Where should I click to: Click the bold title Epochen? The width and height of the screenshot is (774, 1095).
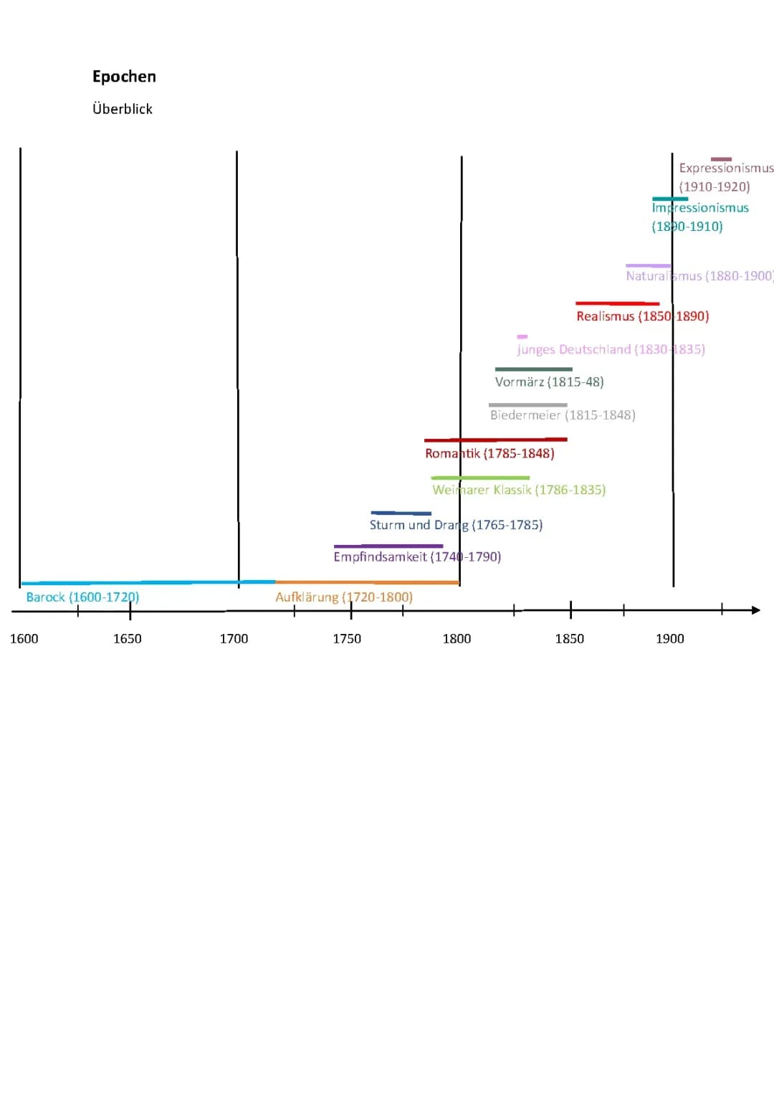click(x=124, y=77)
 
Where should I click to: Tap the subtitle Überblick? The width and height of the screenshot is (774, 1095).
click(x=123, y=109)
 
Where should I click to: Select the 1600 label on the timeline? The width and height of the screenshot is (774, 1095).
click(x=24, y=638)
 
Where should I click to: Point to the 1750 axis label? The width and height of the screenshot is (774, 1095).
click(x=347, y=638)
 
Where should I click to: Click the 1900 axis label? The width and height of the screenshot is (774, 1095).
click(x=670, y=638)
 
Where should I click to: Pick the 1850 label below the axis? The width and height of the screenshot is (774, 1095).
click(x=570, y=638)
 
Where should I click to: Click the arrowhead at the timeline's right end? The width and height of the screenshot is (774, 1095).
click(x=755, y=610)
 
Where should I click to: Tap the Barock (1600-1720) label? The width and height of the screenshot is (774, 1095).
click(x=82, y=597)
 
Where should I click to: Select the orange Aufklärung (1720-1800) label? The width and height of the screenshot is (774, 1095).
click(x=344, y=597)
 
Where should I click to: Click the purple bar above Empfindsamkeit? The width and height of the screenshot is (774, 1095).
click(x=388, y=546)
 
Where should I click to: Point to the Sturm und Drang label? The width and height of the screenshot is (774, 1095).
click(x=456, y=525)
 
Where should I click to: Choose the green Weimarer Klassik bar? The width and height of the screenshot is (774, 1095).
click(x=480, y=478)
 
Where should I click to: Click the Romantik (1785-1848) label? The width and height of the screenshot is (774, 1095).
click(x=489, y=453)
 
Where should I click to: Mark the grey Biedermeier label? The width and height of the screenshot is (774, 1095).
click(x=563, y=414)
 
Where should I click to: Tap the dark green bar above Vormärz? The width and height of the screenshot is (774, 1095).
click(x=533, y=369)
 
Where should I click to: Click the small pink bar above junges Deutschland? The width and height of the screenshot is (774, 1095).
click(x=522, y=336)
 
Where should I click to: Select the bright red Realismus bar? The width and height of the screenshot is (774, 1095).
click(x=617, y=303)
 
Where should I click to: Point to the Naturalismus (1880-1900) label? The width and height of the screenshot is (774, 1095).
click(x=699, y=276)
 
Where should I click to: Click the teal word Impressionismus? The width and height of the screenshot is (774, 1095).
click(x=700, y=207)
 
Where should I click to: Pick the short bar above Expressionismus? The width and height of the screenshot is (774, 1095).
click(x=721, y=159)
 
